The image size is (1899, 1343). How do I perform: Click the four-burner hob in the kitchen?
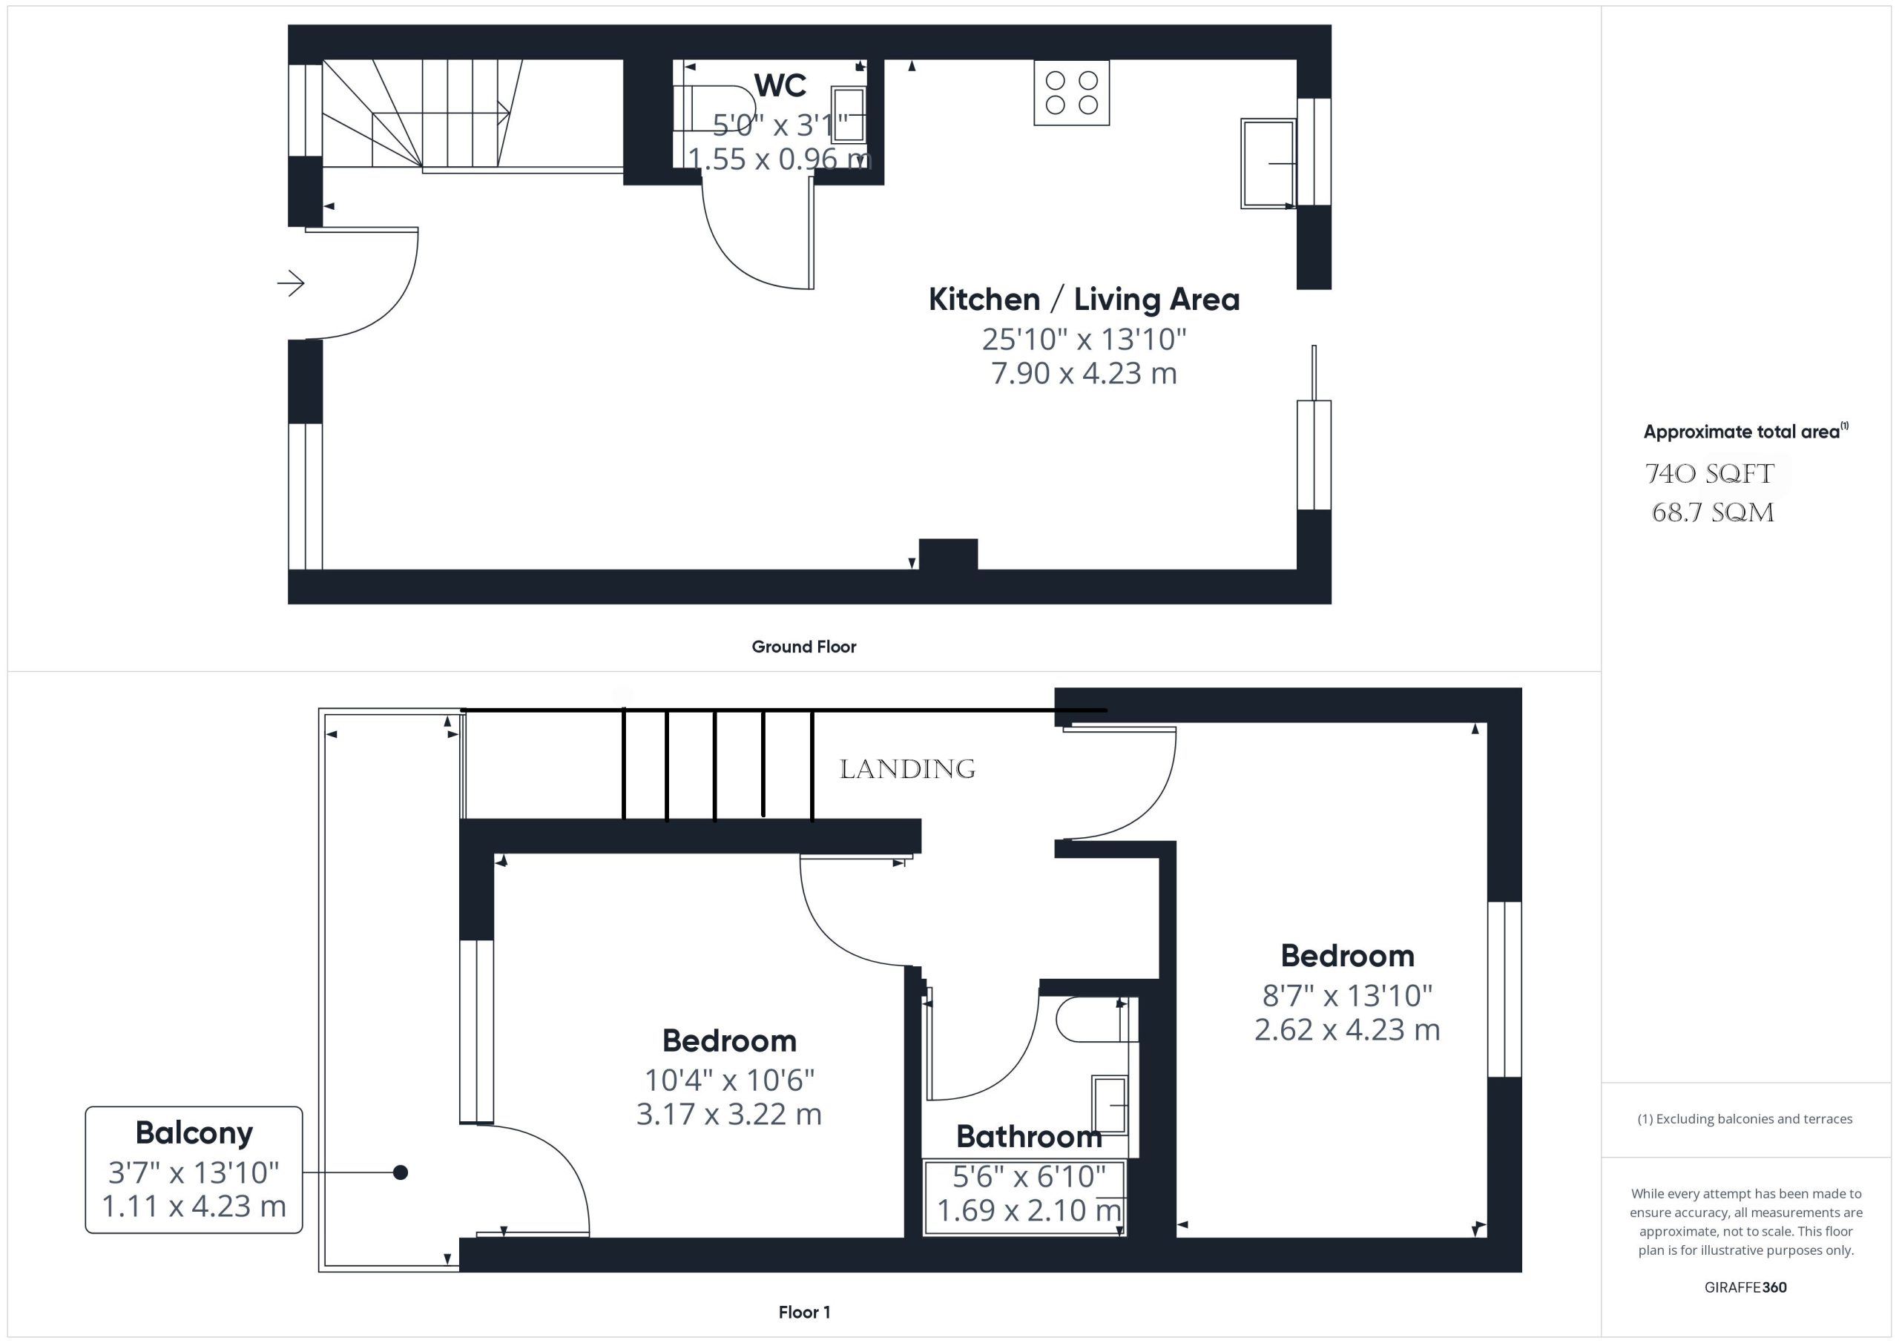tap(1071, 93)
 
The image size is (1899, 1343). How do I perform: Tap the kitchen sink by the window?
tap(1268, 164)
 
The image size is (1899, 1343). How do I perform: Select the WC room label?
tap(780, 85)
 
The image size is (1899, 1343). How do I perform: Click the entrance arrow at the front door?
tap(290, 283)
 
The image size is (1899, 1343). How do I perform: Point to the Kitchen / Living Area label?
tap(1085, 300)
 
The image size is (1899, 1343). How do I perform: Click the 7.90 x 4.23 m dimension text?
tap(1085, 373)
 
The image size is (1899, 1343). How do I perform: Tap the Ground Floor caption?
tap(804, 647)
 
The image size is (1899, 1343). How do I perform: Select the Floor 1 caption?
tap(804, 1312)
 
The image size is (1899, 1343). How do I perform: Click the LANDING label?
tap(907, 769)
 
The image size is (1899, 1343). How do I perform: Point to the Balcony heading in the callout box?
tap(194, 1133)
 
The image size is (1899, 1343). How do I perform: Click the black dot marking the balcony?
tap(401, 1172)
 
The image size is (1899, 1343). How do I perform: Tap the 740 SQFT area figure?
tap(1710, 474)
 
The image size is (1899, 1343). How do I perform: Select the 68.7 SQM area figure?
tap(1713, 512)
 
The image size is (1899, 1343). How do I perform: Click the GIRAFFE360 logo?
tap(1745, 1287)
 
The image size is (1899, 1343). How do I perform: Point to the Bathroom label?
tap(1029, 1137)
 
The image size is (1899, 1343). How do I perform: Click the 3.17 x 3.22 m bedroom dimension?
tap(728, 1114)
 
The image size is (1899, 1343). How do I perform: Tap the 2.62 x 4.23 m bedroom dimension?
tap(1347, 1029)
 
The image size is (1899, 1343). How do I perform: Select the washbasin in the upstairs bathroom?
tap(1110, 1105)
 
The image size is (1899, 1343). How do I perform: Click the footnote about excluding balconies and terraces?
tap(1745, 1119)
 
